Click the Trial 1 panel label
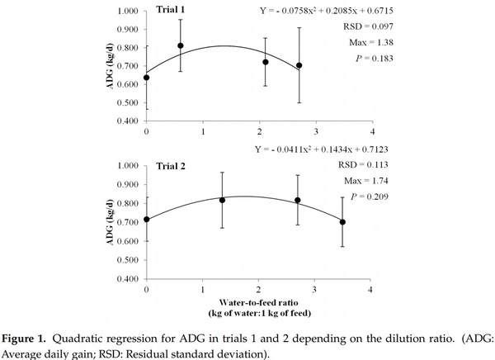(175, 11)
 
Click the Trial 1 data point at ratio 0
(146, 78)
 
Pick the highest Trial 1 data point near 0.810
(181, 45)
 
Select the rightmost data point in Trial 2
(343, 221)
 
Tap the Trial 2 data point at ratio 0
(146, 219)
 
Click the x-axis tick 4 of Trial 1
(372, 132)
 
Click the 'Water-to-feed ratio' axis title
(258, 303)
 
